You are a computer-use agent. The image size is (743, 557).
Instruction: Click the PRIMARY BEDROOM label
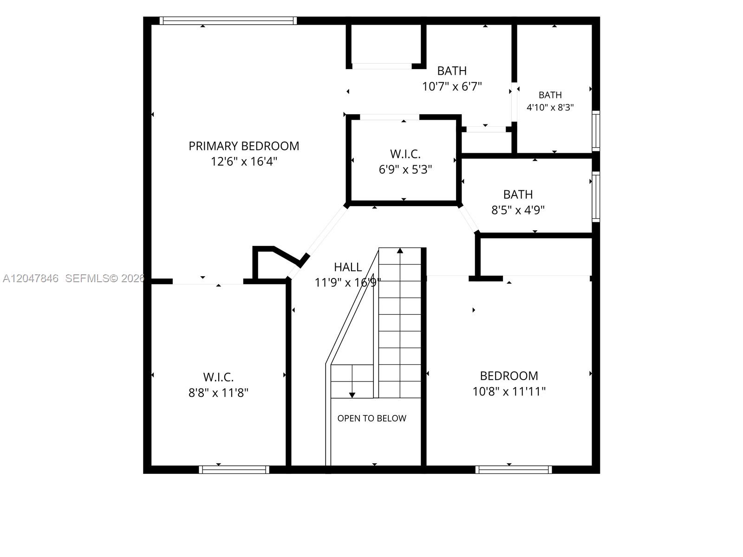(244, 146)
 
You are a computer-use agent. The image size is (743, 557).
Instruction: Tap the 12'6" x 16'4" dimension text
(244, 162)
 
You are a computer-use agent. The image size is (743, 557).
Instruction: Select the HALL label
(348, 267)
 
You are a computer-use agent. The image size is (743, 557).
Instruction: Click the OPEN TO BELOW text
(371, 418)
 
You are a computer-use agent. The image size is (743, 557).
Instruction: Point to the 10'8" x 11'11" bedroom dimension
(509, 391)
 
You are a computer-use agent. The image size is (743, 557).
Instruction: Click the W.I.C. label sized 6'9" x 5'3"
(405, 154)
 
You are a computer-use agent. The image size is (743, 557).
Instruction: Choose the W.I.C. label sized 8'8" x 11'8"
(218, 377)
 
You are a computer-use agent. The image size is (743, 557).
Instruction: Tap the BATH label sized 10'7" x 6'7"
(452, 71)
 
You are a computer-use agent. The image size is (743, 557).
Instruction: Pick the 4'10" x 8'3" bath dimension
(550, 108)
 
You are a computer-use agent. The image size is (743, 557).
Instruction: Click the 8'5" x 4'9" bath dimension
(518, 210)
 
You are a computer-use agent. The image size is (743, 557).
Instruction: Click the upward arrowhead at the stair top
(400, 251)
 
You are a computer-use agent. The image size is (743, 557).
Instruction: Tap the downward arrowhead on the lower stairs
(352, 395)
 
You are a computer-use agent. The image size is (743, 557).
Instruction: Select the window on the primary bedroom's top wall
(228, 20)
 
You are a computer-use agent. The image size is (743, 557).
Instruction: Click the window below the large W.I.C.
(234, 469)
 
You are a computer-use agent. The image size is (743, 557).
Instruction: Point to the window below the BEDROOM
(514, 469)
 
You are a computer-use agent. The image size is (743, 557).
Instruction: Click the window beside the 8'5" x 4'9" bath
(596, 197)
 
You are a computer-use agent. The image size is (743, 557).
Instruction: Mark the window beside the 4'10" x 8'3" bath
(596, 131)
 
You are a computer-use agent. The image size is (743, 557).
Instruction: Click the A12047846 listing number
(31, 278)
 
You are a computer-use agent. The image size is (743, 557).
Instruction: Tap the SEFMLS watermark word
(87, 278)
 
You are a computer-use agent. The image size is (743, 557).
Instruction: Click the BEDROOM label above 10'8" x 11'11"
(509, 376)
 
